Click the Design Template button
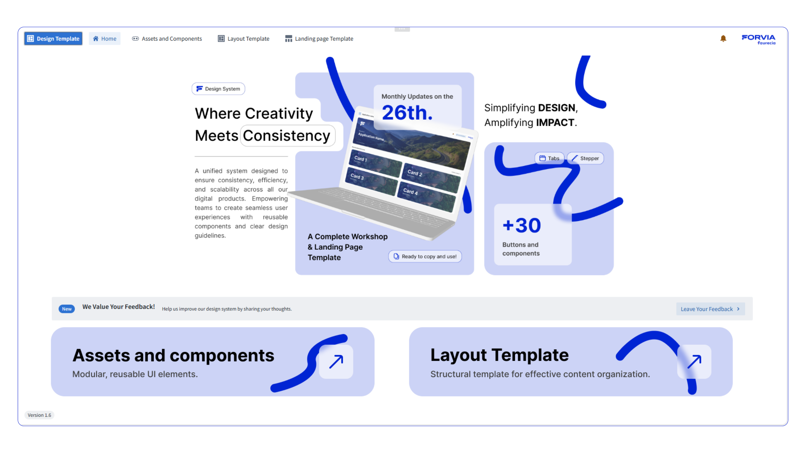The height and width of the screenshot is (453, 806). (x=53, y=39)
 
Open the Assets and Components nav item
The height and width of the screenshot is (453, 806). (x=167, y=39)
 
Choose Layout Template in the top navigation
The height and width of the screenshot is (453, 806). (x=243, y=39)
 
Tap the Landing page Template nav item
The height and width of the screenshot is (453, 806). (x=319, y=39)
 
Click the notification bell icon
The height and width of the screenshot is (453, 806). (x=723, y=39)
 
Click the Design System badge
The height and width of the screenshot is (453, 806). (x=218, y=89)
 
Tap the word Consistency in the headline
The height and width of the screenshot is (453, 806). (x=287, y=136)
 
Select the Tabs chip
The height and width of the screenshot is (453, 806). (x=549, y=158)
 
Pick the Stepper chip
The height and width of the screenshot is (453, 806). (x=585, y=158)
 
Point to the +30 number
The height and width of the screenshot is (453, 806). (x=522, y=225)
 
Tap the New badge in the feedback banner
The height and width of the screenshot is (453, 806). (x=67, y=309)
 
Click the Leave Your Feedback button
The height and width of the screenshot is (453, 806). (x=710, y=309)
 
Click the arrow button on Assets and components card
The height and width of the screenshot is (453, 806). (x=336, y=362)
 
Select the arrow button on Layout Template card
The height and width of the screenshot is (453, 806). (x=694, y=362)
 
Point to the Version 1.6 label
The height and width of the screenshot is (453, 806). (x=39, y=415)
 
